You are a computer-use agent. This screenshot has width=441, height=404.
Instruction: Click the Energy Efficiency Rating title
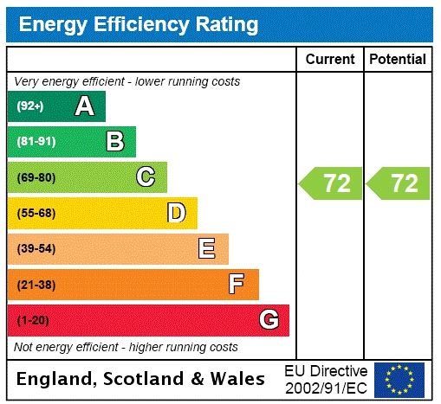click(139, 24)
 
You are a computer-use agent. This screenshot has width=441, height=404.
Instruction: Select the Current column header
click(330, 60)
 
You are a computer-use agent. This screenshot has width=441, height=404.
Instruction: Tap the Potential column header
click(398, 60)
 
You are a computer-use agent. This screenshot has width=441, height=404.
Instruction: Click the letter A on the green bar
click(84, 106)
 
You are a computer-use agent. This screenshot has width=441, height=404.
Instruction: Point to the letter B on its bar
click(114, 142)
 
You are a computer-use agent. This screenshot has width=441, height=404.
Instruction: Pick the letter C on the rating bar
click(146, 177)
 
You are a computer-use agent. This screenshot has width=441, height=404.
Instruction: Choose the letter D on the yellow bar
click(176, 213)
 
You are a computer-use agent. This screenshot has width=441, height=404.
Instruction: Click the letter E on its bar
click(207, 249)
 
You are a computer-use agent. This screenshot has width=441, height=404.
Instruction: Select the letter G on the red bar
click(269, 320)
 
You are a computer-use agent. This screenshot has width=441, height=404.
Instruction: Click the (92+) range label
click(30, 106)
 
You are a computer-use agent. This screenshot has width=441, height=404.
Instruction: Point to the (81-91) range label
click(36, 142)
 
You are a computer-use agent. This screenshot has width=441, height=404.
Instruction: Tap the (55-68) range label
click(36, 213)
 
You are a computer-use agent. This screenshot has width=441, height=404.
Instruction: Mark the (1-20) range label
click(33, 320)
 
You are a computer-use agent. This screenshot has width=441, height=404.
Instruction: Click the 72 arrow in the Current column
click(332, 183)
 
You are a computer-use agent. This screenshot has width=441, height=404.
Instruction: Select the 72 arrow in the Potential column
click(399, 183)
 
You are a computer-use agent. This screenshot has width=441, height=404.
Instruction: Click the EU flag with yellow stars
click(399, 379)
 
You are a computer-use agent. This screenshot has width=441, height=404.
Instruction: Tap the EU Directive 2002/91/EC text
click(326, 379)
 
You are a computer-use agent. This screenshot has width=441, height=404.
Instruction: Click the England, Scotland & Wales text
click(141, 379)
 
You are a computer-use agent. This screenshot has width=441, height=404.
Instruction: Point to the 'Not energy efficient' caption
click(126, 347)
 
